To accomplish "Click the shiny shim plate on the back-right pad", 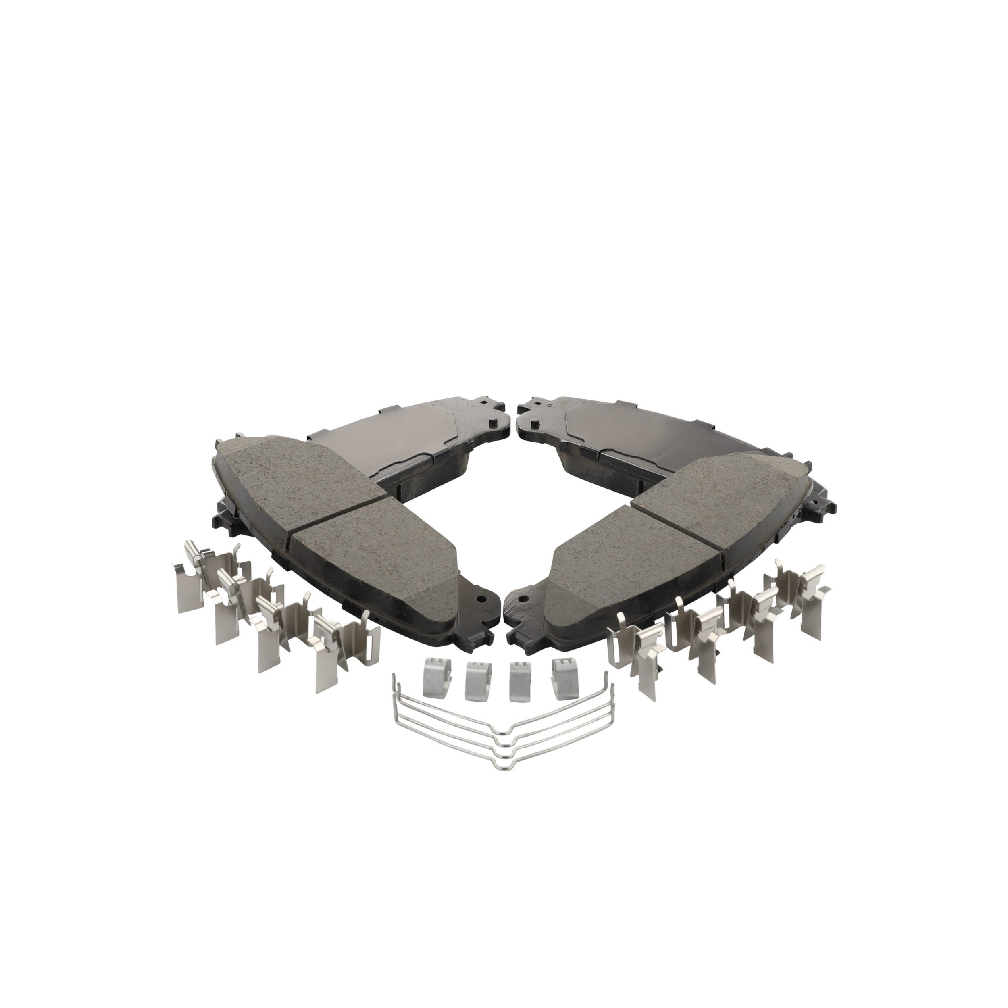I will click(652, 438).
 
